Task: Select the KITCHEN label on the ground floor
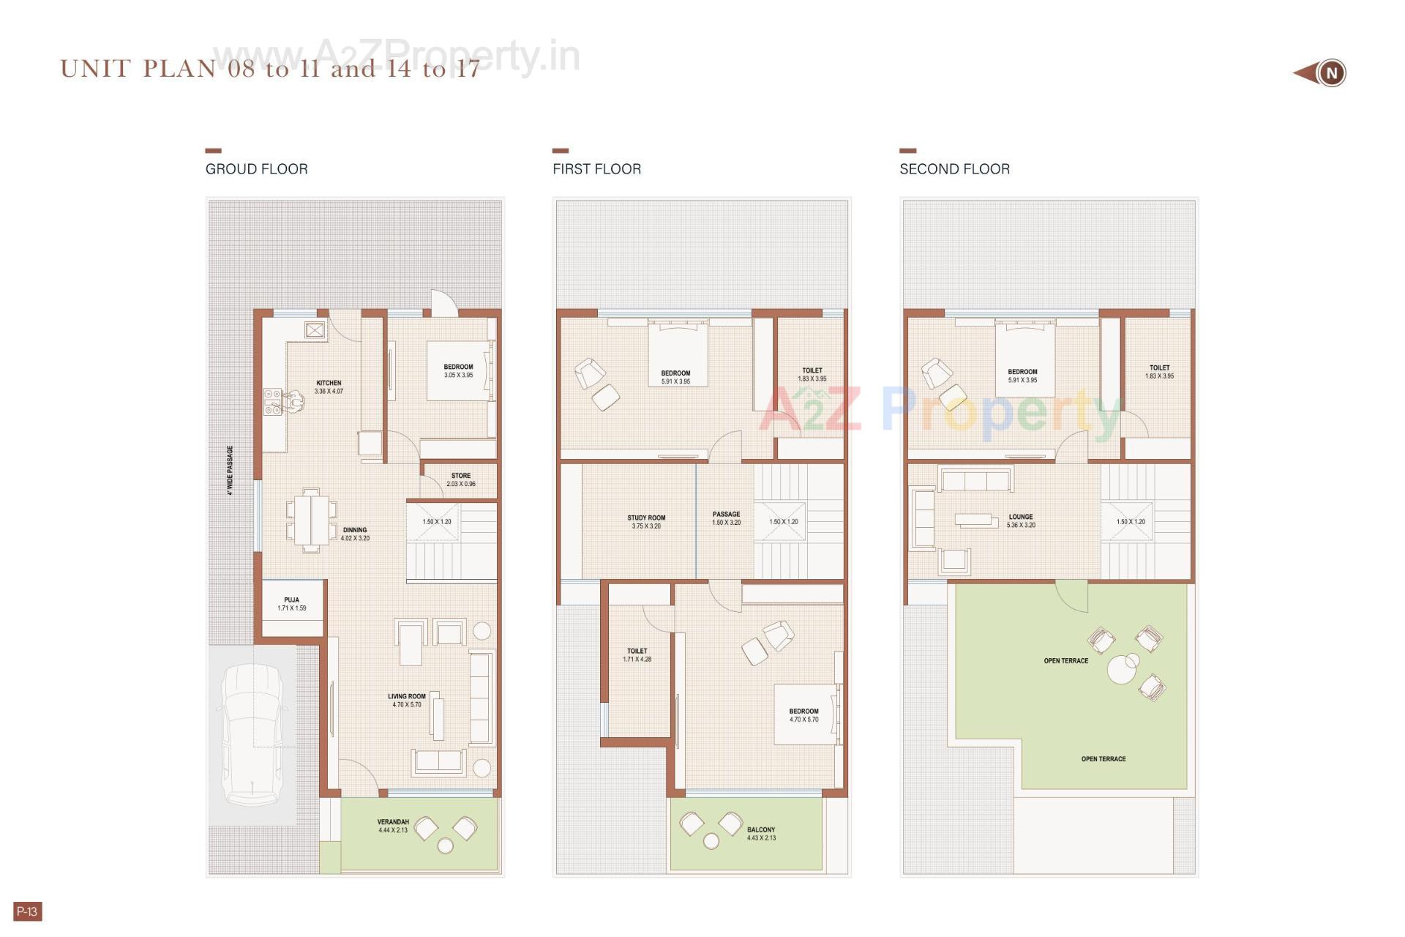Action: pos(329,383)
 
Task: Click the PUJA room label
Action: pos(291,600)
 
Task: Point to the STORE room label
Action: pos(461,476)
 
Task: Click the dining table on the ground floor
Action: pos(312,519)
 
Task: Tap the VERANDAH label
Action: pos(393,822)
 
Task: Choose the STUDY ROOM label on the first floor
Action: pos(646,518)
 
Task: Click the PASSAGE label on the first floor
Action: pos(726,515)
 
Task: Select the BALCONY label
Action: pos(761,830)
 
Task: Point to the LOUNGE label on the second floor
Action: pos(1021,517)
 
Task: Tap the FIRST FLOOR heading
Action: pos(596,169)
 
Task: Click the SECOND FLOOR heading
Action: pos(954,169)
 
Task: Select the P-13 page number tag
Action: pos(27,911)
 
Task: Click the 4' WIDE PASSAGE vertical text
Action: pos(230,471)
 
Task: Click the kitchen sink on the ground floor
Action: pos(273,402)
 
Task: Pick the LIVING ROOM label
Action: pos(406,697)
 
